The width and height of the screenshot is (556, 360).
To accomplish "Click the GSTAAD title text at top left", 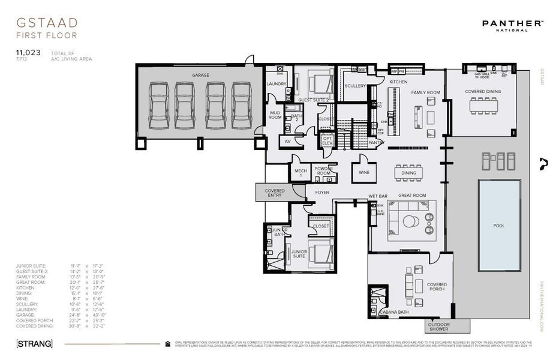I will click(x=47, y=23).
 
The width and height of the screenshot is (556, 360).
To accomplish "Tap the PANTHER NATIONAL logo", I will click(x=513, y=25).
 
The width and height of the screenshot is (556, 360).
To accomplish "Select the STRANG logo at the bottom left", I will click(x=34, y=344).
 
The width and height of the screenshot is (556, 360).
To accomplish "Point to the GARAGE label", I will click(x=200, y=76).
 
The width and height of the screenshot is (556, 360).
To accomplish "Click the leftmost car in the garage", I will click(x=158, y=106).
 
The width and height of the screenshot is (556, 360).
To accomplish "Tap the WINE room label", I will click(x=363, y=172).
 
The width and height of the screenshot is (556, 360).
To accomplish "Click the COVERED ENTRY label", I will click(x=275, y=193).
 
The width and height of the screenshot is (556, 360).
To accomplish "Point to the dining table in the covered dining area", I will click(x=483, y=106).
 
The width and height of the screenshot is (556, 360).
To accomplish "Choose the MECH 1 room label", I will click(x=300, y=173).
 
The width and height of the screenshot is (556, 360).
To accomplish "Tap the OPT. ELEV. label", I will click(x=327, y=142).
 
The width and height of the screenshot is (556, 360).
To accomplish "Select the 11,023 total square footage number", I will click(x=28, y=53).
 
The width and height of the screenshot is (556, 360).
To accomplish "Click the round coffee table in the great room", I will click(x=410, y=221).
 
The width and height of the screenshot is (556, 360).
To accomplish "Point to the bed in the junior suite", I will click(x=321, y=253).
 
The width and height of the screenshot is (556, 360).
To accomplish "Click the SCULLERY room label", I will click(x=355, y=86).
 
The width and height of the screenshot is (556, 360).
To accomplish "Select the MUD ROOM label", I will click(x=275, y=115).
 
